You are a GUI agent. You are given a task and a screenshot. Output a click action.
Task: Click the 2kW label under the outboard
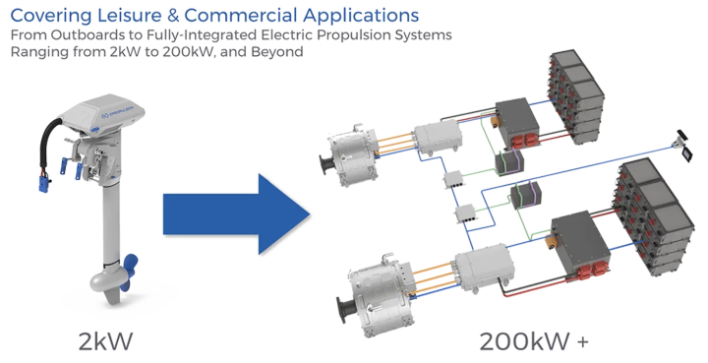(x=105, y=339)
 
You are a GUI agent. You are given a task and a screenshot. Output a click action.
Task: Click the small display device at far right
(x=678, y=143)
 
